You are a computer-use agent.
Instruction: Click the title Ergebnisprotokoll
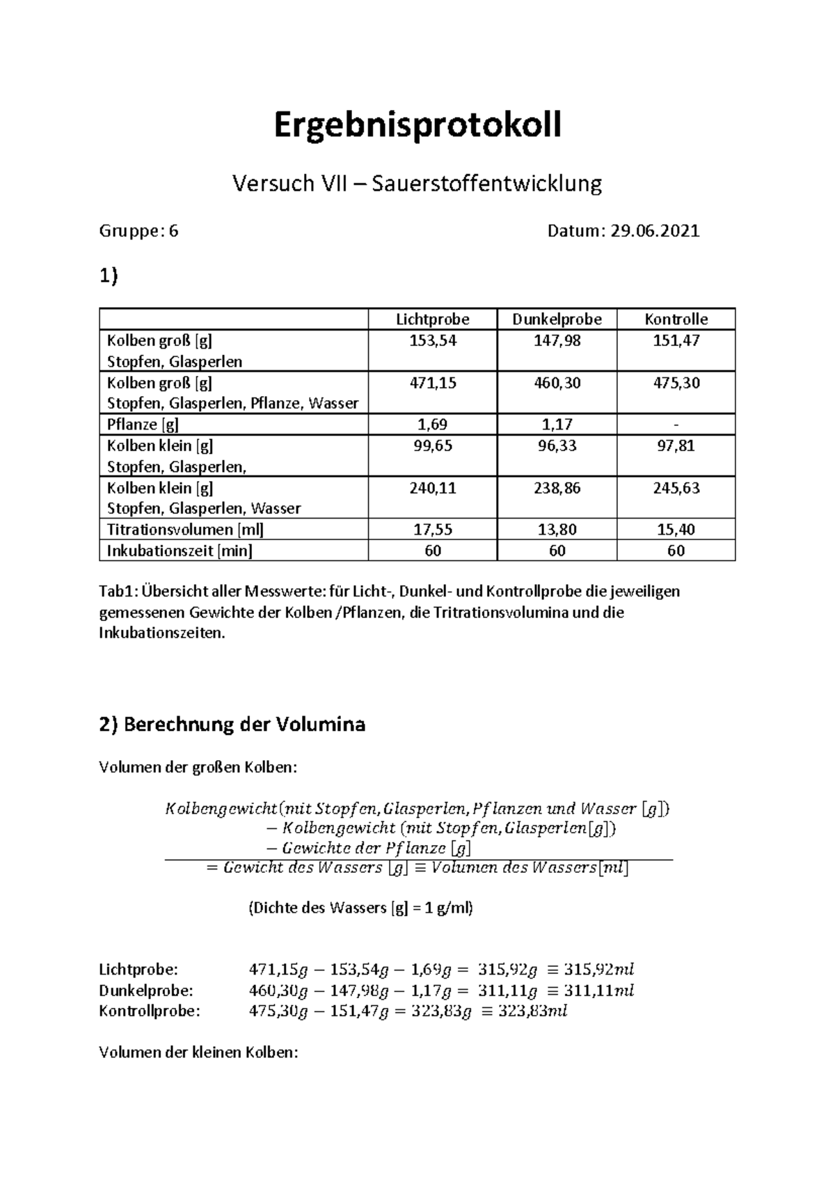point(417,126)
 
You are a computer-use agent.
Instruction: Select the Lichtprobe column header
point(432,320)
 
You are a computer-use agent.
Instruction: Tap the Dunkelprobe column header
point(557,320)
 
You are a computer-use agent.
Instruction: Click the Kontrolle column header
point(676,320)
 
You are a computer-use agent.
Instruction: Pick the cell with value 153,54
point(432,341)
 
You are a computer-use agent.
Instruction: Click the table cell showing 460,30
point(557,383)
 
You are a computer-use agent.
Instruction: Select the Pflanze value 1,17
point(557,425)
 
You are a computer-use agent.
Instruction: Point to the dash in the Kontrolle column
point(676,425)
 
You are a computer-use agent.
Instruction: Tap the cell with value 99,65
point(432,446)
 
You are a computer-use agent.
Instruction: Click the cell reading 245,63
point(676,488)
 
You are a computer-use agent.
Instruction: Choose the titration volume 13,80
point(557,530)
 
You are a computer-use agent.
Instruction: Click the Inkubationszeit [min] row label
point(180,551)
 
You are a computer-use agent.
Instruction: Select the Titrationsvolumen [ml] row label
point(185,530)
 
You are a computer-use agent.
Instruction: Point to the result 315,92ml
point(599,970)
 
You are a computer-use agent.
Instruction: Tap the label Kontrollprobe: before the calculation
point(150,1011)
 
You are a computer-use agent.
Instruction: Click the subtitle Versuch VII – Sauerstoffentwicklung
point(417,184)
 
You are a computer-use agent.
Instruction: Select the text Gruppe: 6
point(139,231)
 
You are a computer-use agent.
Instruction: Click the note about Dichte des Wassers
point(360,908)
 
